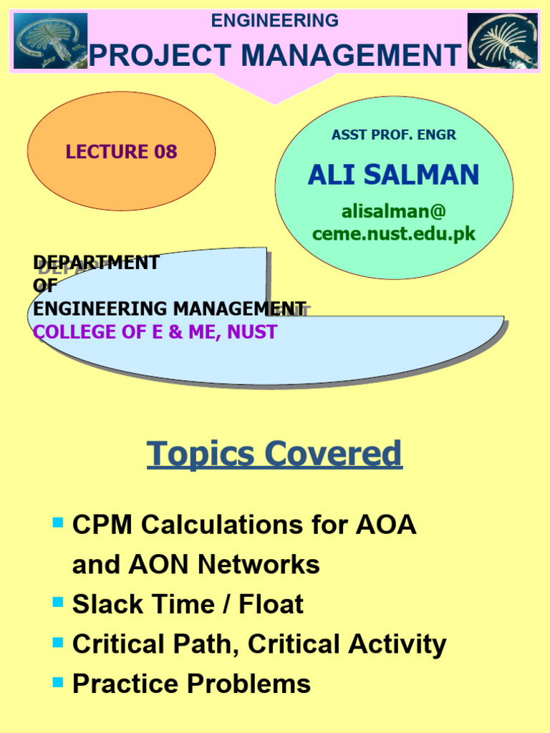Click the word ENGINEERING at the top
[x=274, y=21]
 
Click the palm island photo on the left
[x=50, y=41]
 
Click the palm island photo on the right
[x=502, y=41]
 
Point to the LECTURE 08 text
[x=121, y=152]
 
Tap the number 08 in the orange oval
[x=164, y=152]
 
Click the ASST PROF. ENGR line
[x=393, y=135]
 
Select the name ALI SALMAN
[x=393, y=175]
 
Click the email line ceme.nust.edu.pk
[x=393, y=233]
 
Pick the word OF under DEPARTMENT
[x=44, y=286]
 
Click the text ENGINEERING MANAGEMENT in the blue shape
[x=170, y=309]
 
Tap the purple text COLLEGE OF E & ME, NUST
[x=155, y=332]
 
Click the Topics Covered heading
[x=274, y=454]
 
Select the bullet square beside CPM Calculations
[x=59, y=523]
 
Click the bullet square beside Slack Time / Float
[x=59, y=602]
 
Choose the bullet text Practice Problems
[x=191, y=684]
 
